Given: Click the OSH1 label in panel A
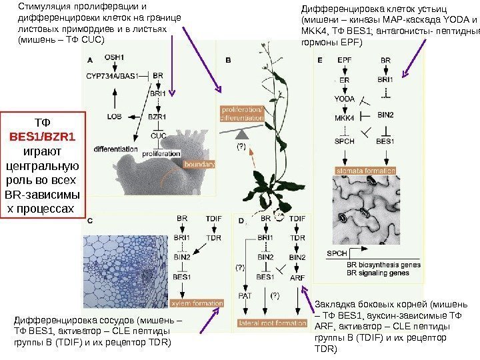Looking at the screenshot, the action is pyautogui.click(x=114, y=59).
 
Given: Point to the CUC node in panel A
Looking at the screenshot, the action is pyautogui.click(x=159, y=135).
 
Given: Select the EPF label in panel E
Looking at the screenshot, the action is pyautogui.click(x=345, y=60).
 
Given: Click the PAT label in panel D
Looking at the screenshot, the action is pyautogui.click(x=245, y=294).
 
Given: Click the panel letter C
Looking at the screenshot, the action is pyautogui.click(x=90, y=219).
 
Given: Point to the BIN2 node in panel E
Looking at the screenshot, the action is pyautogui.click(x=385, y=115).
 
